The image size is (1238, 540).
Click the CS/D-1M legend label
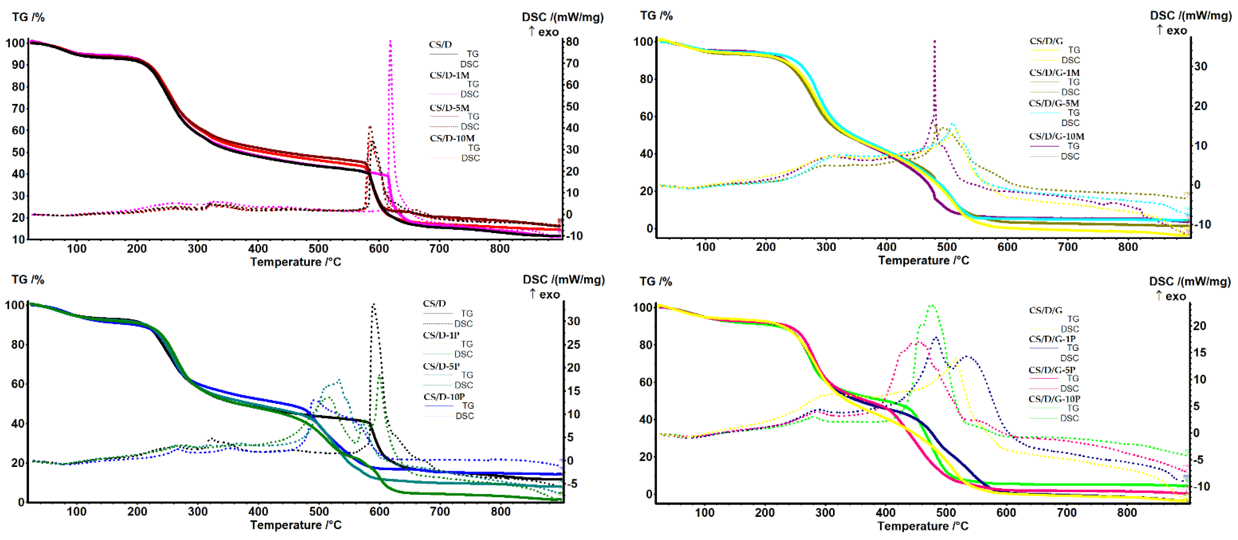(x=449, y=75)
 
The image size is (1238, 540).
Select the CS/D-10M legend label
(x=452, y=138)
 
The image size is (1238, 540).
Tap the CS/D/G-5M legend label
(x=1054, y=103)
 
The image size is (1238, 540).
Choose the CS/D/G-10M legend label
(x=1056, y=136)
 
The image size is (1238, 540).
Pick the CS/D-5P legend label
(x=441, y=366)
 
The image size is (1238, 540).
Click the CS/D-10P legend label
(x=443, y=397)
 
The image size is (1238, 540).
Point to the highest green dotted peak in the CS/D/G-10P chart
(x=932, y=305)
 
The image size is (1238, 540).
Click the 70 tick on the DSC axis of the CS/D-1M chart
(x=572, y=63)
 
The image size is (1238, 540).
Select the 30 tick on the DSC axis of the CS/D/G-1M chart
(x=1200, y=66)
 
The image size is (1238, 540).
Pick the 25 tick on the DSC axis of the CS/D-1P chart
(x=573, y=344)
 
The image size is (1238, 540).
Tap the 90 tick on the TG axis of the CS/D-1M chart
(x=18, y=65)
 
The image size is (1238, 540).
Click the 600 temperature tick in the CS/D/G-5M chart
(x=1007, y=247)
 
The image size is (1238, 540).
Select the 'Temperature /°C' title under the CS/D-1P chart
(x=296, y=525)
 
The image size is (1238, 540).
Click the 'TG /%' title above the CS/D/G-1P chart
(x=656, y=281)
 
